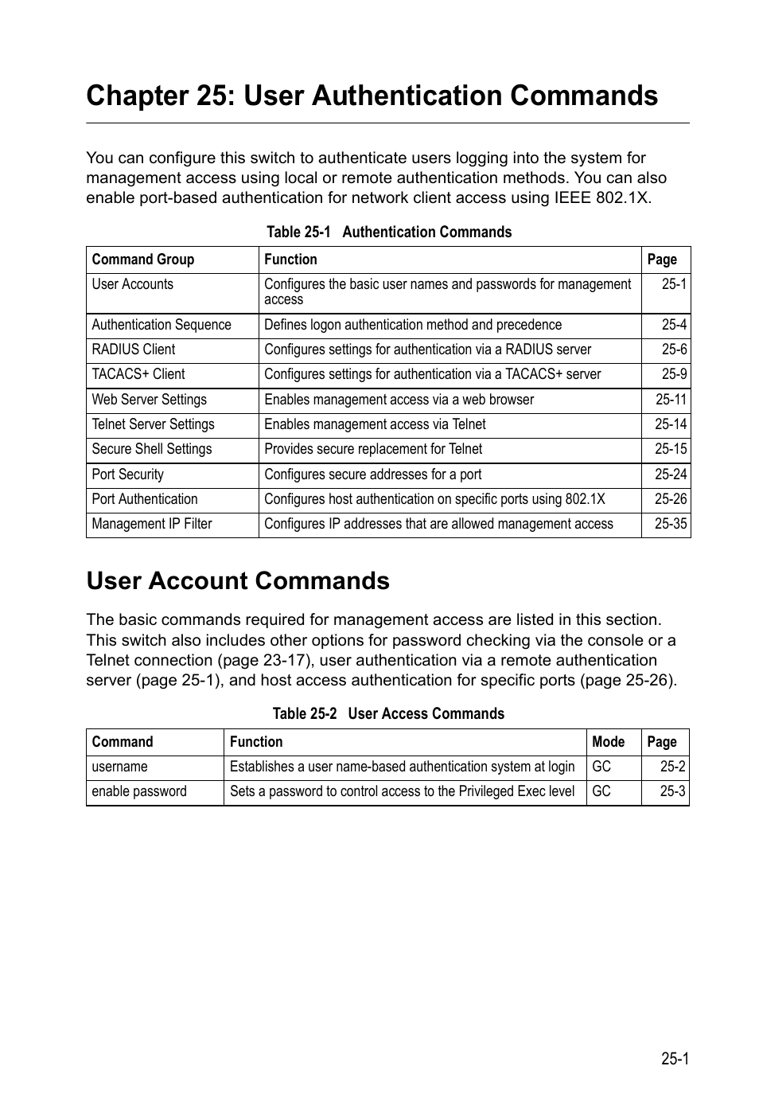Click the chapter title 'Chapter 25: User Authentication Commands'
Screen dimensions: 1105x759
click(x=372, y=96)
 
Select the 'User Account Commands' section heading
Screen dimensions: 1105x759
click(x=238, y=581)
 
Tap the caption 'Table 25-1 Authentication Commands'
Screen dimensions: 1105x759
click(x=388, y=232)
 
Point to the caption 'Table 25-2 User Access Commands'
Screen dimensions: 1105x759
click(x=388, y=713)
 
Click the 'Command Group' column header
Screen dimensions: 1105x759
click(x=143, y=260)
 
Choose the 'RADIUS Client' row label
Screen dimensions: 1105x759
click(x=134, y=349)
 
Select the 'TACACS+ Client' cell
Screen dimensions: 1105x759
click(x=138, y=374)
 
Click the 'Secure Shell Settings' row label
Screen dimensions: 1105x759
click(x=152, y=449)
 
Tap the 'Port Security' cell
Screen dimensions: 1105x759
click(x=128, y=474)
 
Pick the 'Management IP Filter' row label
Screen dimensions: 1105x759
click(x=152, y=524)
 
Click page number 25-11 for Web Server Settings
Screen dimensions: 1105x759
click(x=671, y=400)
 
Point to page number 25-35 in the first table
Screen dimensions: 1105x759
click(x=671, y=524)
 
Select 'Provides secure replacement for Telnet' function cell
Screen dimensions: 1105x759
click(x=373, y=449)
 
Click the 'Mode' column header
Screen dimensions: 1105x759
click(x=609, y=742)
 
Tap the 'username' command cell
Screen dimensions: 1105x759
click(x=120, y=767)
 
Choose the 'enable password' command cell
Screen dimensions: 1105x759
click(x=139, y=791)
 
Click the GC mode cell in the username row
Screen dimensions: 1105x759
click(x=601, y=767)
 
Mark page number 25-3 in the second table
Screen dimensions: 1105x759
click(x=672, y=791)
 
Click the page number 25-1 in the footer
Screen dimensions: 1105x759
click(x=674, y=1059)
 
